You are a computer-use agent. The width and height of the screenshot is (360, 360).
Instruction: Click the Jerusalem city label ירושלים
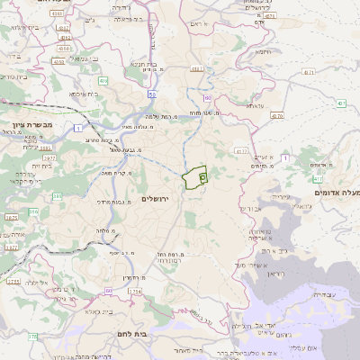pos(162,199)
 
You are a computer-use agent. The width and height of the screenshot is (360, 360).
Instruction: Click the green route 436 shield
pos(103,82)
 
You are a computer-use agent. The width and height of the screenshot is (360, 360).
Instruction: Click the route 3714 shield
pos(135,292)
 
